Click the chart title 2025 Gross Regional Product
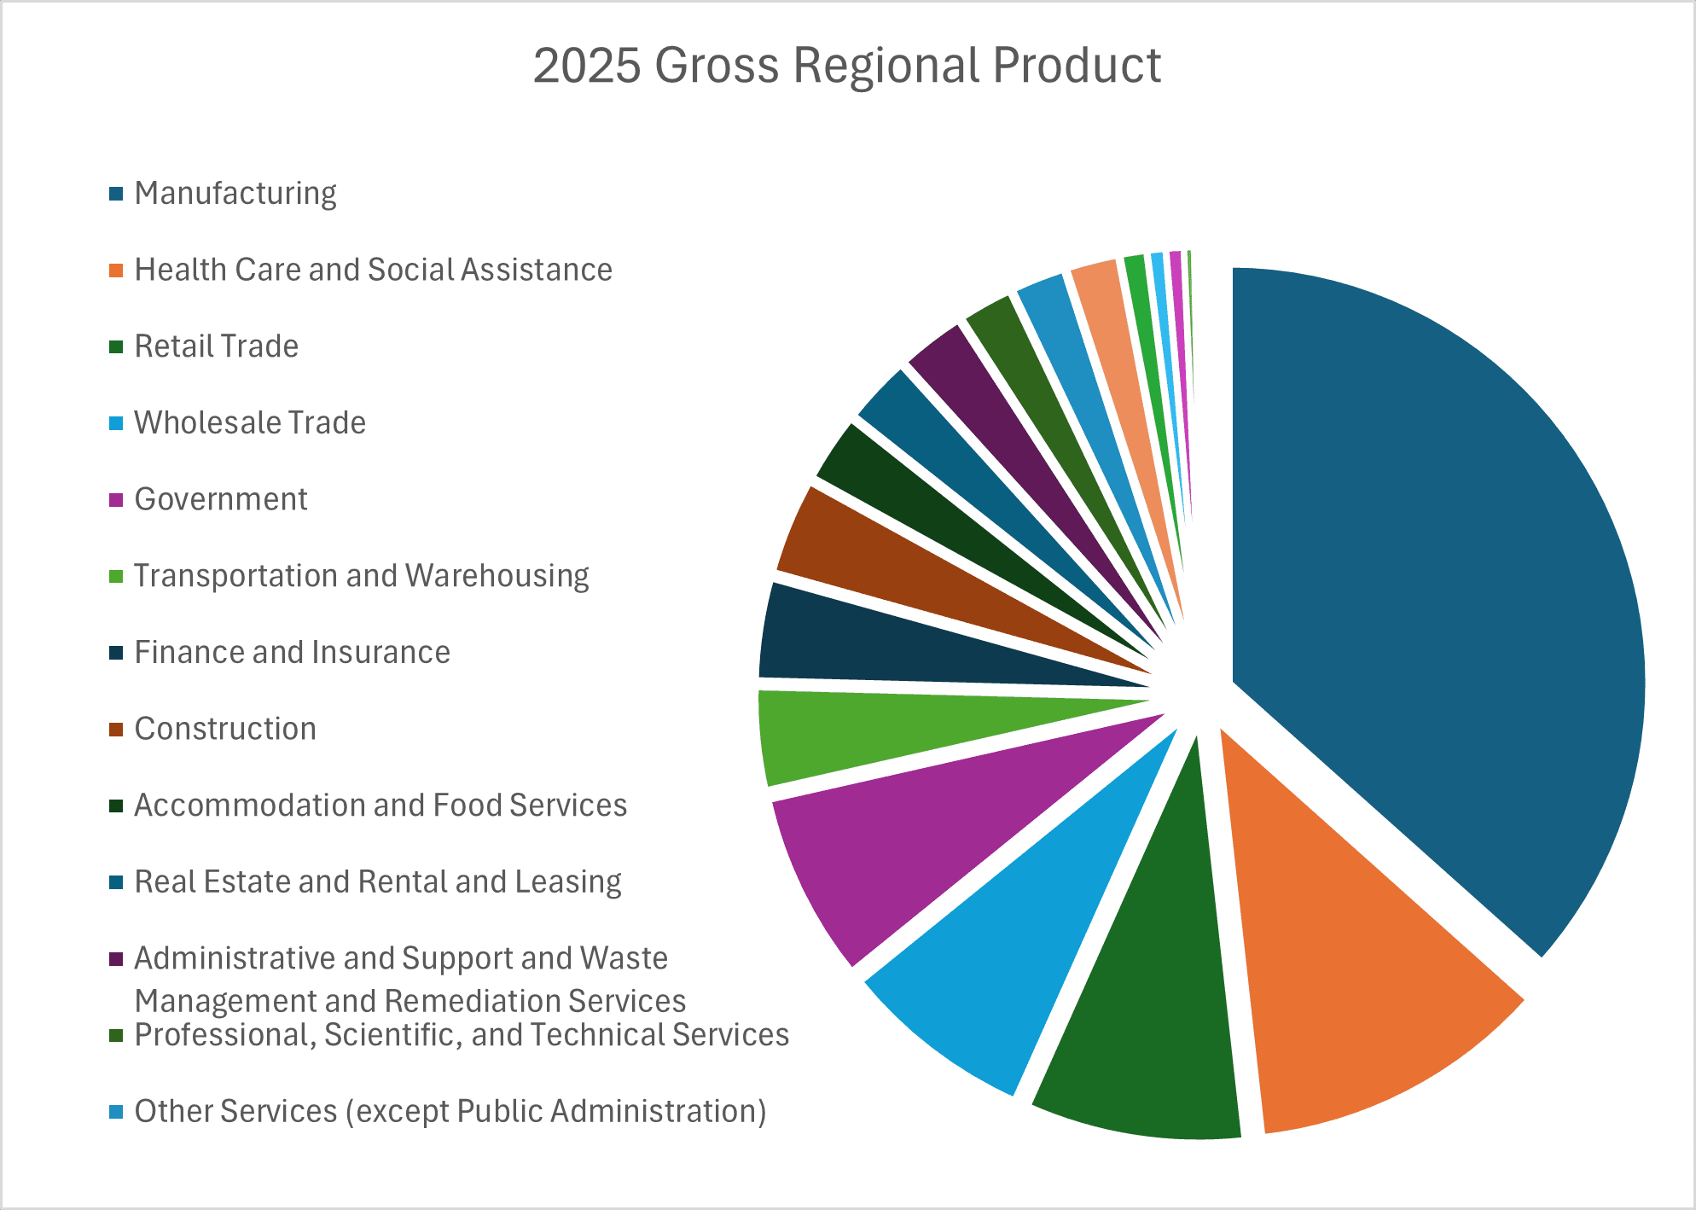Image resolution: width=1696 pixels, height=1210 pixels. pyautogui.click(x=846, y=66)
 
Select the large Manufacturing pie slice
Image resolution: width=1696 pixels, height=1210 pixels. pyautogui.click(x=1433, y=597)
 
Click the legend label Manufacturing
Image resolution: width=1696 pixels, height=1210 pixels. pyautogui.click(x=235, y=194)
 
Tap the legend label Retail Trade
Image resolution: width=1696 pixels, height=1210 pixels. pyautogui.click(x=217, y=346)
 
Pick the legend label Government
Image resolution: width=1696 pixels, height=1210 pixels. pyautogui.click(x=221, y=499)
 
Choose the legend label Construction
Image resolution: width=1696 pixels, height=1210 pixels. pyautogui.click(x=225, y=729)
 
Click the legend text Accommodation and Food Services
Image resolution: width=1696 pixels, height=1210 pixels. pyautogui.click(x=380, y=806)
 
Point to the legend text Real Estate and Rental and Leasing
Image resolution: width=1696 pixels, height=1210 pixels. pyautogui.click(x=378, y=881)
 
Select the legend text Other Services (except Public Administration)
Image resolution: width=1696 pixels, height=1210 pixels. pyautogui.click(x=450, y=1111)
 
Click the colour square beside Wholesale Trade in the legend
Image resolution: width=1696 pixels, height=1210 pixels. pyautogui.click(x=116, y=423)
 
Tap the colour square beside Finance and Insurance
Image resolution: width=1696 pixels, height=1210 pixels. pyautogui.click(x=116, y=653)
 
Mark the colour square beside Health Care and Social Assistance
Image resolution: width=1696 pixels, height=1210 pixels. pyautogui.click(x=116, y=271)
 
